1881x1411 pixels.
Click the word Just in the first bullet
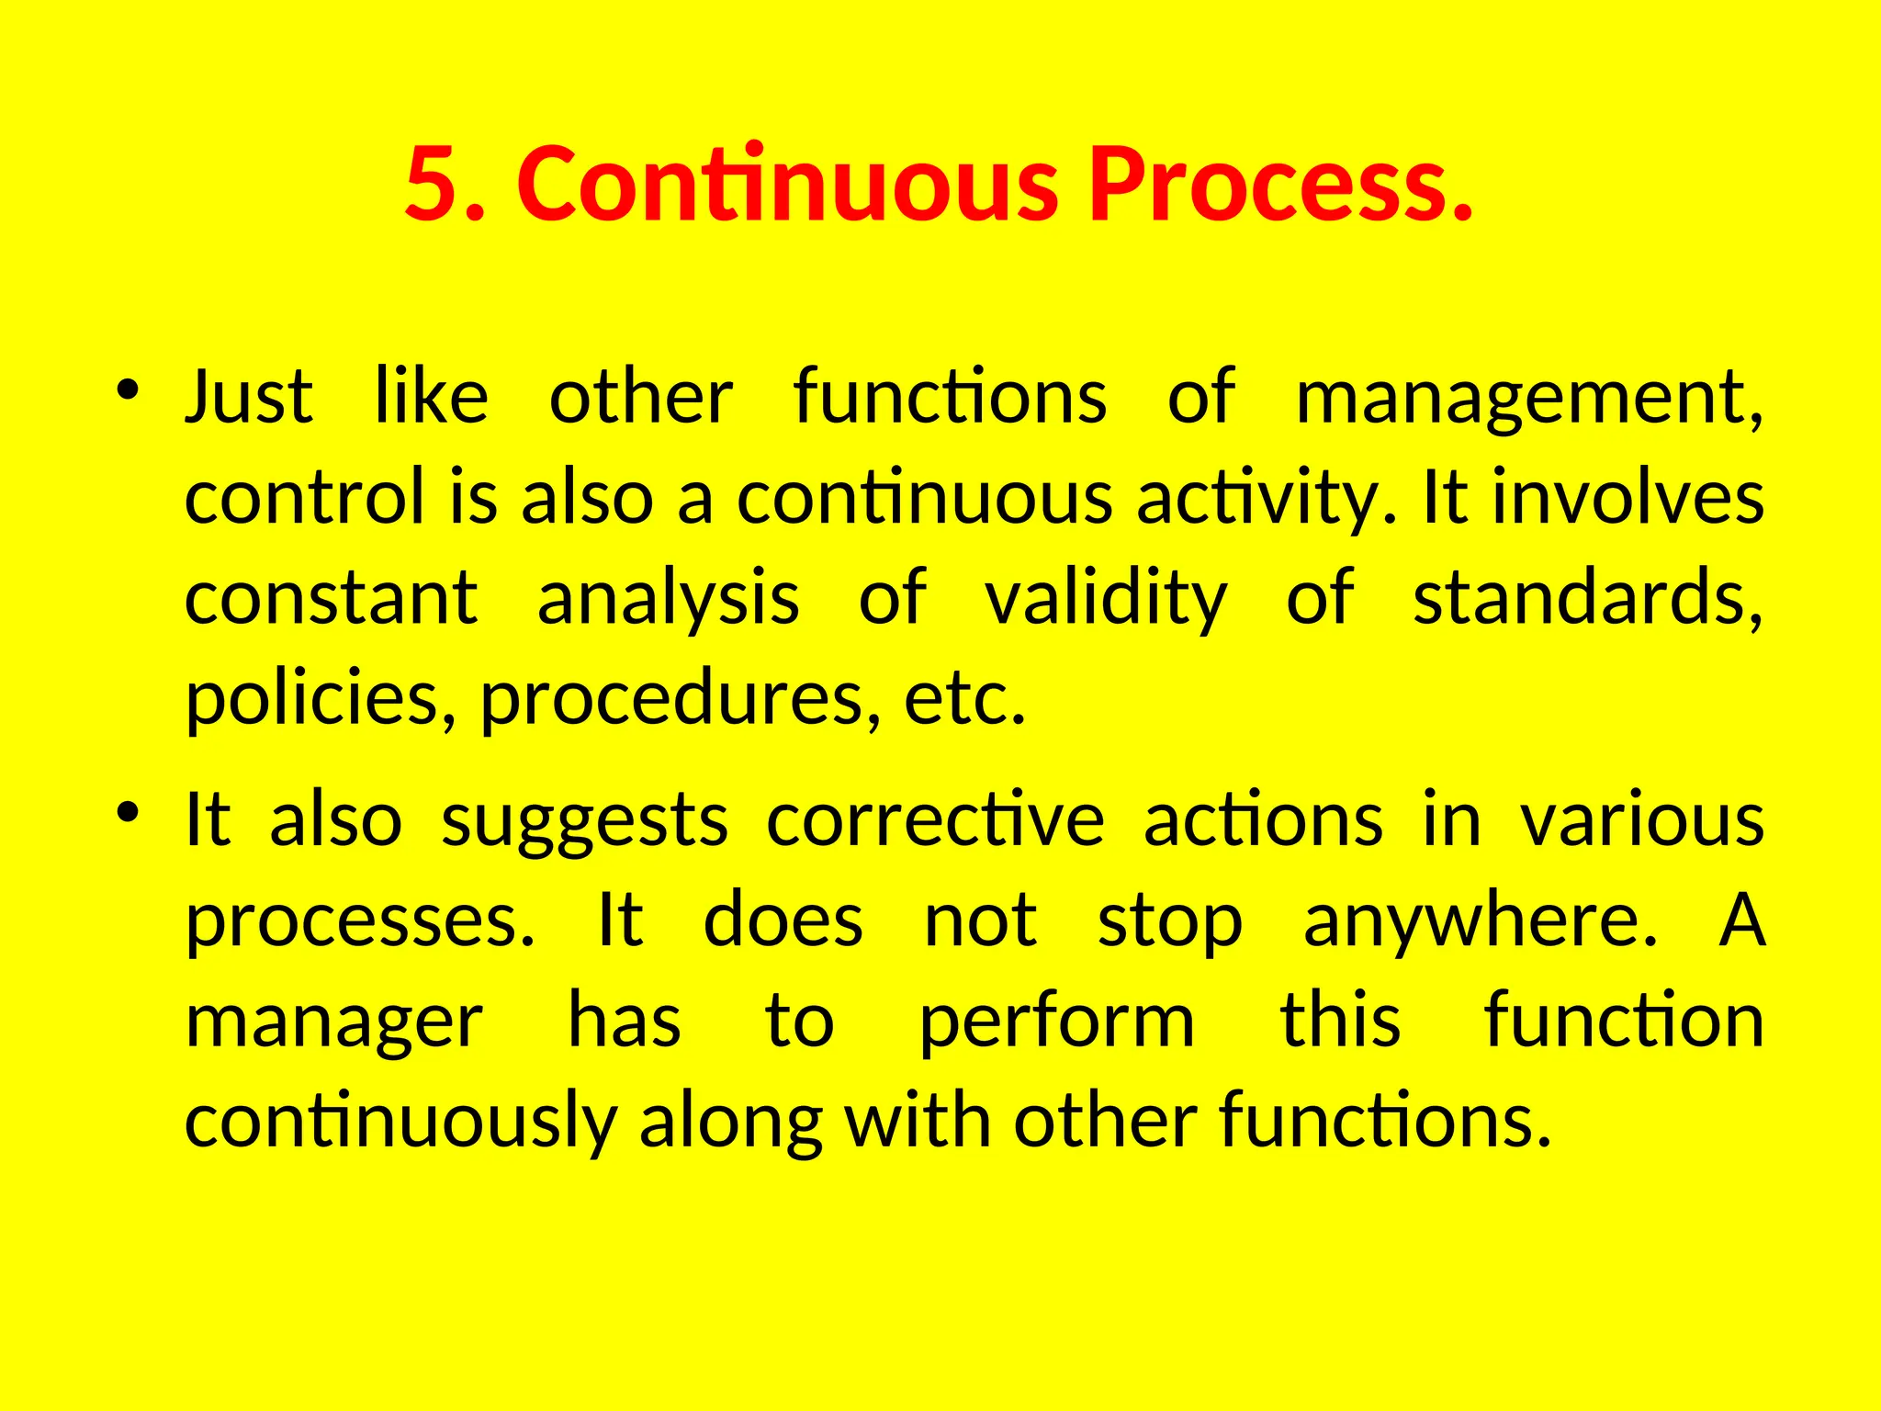[249, 397]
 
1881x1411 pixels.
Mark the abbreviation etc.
[963, 700]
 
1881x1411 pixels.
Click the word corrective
[934, 819]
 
